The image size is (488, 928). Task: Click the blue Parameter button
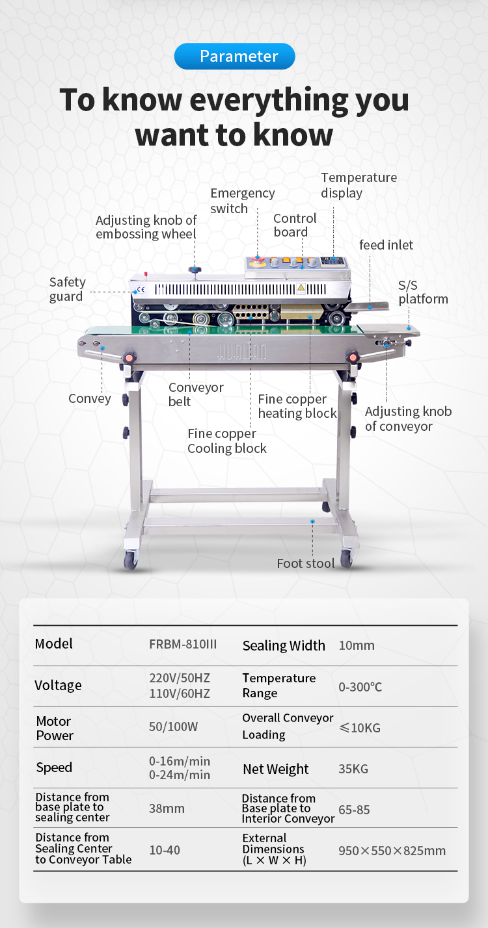234,57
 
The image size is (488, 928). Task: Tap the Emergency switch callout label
242,201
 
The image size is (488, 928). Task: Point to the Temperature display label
359,185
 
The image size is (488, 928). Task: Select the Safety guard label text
67,289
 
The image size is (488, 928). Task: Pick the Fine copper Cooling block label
227,441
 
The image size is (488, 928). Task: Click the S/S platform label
423,292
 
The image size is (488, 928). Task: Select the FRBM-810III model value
183,645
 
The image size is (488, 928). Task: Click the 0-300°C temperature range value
360,686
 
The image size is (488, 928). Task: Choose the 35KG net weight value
353,769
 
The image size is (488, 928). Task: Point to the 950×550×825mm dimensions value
392,851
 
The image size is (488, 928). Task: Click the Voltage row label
58,686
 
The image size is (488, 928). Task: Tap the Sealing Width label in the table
284,645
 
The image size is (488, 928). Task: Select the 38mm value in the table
167,808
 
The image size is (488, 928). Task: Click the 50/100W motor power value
173,727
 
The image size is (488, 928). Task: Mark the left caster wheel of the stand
131,560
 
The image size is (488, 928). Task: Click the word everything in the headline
255,99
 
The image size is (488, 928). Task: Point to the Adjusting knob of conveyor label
408,419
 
